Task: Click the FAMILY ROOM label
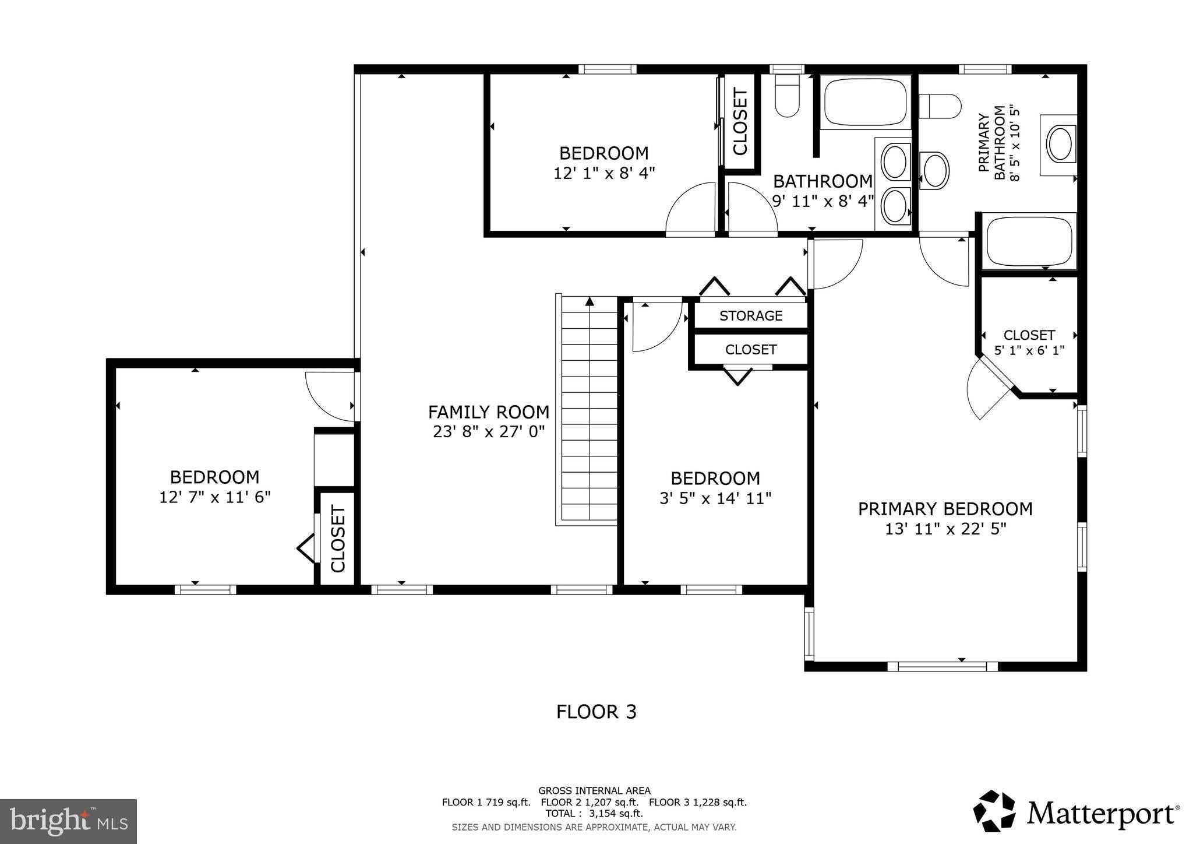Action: [x=489, y=412]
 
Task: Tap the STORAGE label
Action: [x=751, y=316]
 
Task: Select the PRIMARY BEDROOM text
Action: [x=945, y=509]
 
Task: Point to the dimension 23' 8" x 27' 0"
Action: [x=489, y=432]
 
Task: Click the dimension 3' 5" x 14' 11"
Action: [x=715, y=498]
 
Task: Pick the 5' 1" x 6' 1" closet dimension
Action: [x=1029, y=351]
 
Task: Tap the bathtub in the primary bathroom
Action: [x=1029, y=241]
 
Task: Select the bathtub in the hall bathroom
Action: [x=866, y=102]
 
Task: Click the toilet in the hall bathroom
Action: [x=787, y=97]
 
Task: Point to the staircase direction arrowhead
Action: [x=590, y=301]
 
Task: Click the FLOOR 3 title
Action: [x=596, y=712]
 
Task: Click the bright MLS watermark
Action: [x=69, y=821]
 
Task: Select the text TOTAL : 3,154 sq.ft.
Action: [x=594, y=814]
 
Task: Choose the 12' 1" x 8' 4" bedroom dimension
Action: [x=604, y=173]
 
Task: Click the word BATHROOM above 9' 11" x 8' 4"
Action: [x=823, y=181]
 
